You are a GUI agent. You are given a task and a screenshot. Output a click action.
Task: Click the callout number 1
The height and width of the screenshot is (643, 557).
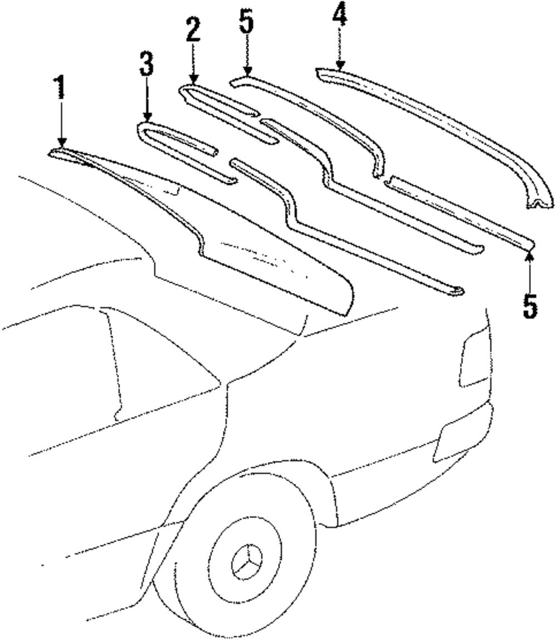tap(60, 88)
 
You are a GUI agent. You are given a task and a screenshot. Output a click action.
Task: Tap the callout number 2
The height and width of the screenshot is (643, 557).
tap(193, 31)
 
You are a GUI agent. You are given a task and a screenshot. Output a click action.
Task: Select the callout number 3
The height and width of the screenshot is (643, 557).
tap(146, 65)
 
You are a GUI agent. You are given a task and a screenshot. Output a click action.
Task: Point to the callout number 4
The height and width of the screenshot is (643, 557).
tap(340, 16)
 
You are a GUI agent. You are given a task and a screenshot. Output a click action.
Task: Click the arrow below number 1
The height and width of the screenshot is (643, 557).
tap(61, 125)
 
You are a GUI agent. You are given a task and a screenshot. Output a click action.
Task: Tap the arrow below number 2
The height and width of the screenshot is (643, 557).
tap(193, 64)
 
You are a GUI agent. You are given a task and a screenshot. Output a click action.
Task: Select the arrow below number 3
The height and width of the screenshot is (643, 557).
tap(147, 100)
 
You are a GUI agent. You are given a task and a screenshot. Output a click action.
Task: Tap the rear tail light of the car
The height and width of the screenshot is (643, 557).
tap(474, 356)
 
